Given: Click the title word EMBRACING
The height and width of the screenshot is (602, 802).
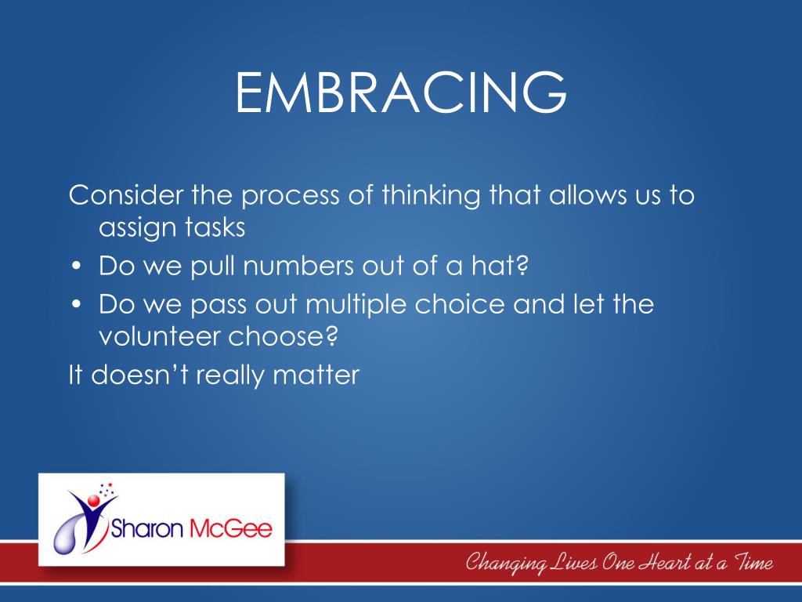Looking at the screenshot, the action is [401, 92].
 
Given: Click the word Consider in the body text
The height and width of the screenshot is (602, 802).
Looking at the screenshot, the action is [126, 195].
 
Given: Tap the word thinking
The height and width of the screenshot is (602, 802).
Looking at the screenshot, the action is [431, 196].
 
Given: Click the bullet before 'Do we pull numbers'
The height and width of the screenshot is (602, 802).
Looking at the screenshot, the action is [77, 267].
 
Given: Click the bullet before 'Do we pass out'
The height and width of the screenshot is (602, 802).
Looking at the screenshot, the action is [77, 304].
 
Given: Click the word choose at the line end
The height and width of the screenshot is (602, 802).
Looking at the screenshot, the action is [283, 336].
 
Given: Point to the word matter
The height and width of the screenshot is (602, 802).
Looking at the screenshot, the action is [316, 375].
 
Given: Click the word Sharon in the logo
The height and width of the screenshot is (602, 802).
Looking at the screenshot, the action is [146, 528].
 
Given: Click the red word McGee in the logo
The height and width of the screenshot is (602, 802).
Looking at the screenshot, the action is [231, 528].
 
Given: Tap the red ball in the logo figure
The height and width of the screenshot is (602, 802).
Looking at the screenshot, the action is [93, 500].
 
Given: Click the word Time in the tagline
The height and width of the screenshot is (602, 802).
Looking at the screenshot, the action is [753, 562].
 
